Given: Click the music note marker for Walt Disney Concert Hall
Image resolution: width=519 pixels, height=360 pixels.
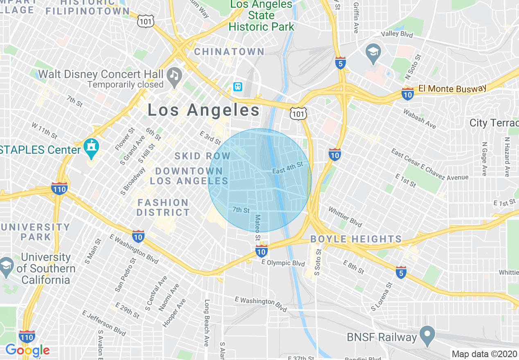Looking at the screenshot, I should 174,76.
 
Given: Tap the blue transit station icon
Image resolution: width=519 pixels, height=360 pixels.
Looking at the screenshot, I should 238,87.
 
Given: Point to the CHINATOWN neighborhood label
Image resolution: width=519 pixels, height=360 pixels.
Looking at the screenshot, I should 229,52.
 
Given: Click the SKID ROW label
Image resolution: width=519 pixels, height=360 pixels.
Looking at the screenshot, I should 202,156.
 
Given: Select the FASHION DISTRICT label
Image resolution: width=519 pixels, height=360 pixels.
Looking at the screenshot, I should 163,207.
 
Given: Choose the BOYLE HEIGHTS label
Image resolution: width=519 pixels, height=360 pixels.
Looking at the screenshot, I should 356,239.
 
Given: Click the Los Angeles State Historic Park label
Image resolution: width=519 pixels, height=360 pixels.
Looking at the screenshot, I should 262,16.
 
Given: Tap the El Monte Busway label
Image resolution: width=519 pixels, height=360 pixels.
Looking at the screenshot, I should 452,88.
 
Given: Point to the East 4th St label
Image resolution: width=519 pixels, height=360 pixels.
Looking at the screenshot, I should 287,167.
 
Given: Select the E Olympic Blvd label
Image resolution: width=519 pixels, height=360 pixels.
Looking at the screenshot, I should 283,263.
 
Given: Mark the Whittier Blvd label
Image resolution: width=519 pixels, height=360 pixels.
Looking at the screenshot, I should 345,216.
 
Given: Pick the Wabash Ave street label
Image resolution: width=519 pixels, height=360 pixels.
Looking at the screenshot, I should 420,118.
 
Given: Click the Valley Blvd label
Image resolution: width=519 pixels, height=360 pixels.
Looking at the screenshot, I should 397,34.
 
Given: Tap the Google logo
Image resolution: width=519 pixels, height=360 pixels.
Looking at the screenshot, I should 27,350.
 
